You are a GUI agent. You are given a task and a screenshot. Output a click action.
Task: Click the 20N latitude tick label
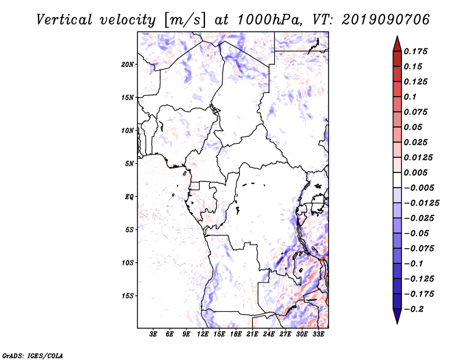128,65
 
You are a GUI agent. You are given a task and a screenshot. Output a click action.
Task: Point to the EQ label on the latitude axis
129,197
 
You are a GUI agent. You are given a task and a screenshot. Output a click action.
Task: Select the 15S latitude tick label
128,296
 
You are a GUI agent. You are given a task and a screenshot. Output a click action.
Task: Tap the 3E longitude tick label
153,334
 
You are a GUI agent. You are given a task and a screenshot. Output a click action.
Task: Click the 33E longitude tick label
318,334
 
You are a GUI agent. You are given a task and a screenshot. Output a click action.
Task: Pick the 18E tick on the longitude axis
236,334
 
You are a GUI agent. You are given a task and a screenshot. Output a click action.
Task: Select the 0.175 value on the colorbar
415,51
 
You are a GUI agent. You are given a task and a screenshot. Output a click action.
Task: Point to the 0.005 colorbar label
415,172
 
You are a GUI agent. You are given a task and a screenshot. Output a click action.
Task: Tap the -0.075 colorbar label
419,249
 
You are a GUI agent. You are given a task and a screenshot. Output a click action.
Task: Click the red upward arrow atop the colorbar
397,44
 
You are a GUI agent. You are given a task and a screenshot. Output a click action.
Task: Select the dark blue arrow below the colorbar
397,316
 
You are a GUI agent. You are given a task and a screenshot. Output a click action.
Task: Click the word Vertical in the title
64,20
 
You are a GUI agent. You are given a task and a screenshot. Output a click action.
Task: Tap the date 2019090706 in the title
386,20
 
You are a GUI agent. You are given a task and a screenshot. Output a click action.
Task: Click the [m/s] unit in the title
185,20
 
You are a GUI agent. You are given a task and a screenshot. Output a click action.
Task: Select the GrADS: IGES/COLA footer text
33,355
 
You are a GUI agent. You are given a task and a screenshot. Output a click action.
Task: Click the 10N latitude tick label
128,130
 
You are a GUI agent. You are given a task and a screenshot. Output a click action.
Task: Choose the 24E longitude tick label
269,334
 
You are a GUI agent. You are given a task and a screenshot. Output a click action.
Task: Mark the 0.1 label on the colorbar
410,97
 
